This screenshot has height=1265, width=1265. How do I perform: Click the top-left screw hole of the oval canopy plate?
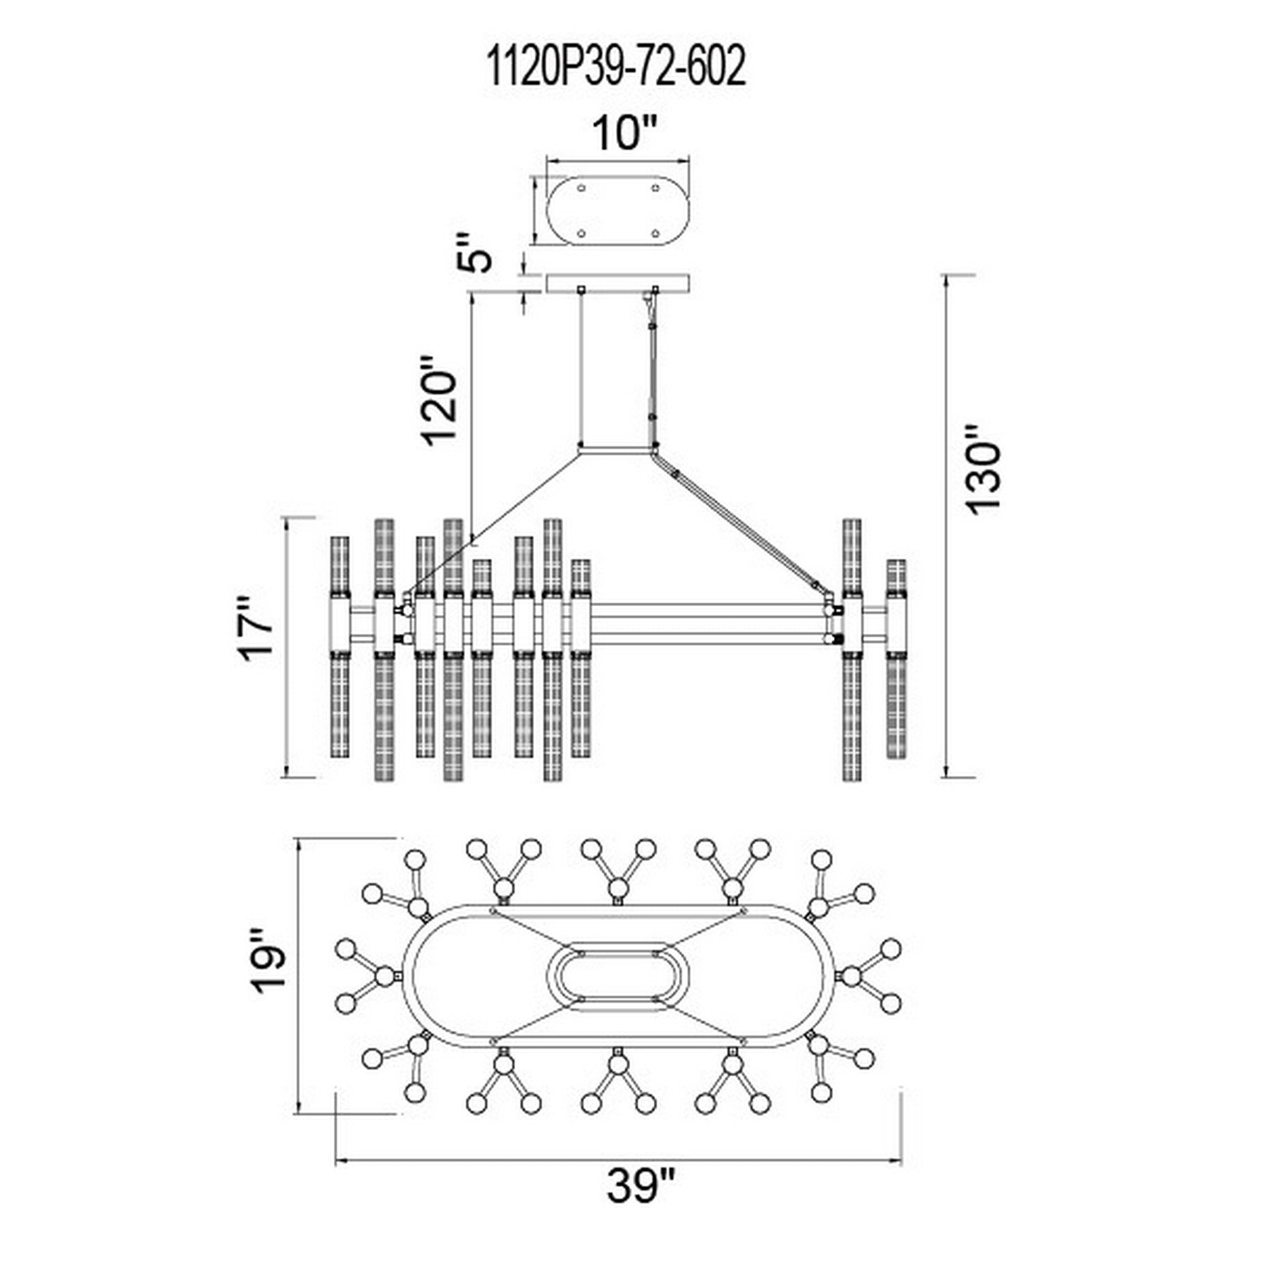(x=581, y=188)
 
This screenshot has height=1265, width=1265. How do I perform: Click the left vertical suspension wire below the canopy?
(x=581, y=367)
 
